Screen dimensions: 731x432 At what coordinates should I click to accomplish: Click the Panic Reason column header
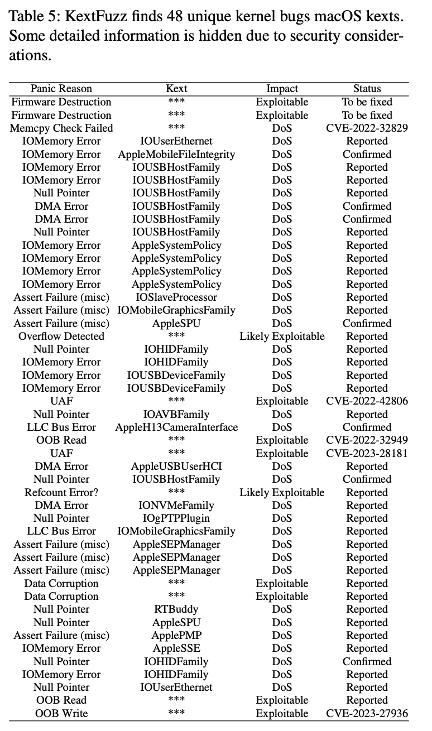[x=61, y=89]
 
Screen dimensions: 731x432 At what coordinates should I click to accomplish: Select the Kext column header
[x=176, y=89]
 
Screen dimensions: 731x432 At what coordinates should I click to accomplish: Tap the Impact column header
[x=282, y=89]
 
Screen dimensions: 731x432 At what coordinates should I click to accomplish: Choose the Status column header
[x=367, y=89]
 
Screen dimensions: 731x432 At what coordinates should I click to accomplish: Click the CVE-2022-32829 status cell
[x=367, y=128]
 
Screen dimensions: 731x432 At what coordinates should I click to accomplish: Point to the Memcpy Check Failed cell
[x=61, y=128]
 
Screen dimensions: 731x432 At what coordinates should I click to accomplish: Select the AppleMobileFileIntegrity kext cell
[x=176, y=154]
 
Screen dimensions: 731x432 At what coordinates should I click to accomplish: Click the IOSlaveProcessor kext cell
[x=176, y=297]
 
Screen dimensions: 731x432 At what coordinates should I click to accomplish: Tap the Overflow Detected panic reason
[x=61, y=336]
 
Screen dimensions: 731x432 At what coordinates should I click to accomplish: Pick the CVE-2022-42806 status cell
[x=367, y=401]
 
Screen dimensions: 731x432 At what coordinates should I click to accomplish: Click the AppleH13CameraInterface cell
[x=176, y=427]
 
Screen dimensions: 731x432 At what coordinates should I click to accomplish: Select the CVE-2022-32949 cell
[x=367, y=440]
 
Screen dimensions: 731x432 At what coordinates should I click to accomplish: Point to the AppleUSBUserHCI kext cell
[x=176, y=467]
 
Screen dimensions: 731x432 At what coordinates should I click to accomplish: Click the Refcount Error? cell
[x=61, y=492]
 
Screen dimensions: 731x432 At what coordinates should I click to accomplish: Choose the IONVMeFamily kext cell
[x=176, y=506]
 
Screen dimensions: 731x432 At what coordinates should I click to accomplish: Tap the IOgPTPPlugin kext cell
[x=176, y=518]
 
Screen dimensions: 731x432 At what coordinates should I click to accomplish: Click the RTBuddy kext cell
[x=176, y=609]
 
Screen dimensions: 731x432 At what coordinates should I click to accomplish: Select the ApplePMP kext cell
[x=176, y=636]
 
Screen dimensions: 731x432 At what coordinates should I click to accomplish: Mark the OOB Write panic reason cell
[x=61, y=714]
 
